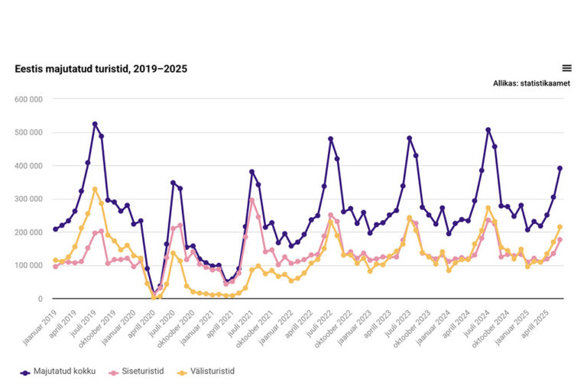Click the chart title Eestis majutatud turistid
point(101,69)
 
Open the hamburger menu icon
point(566,68)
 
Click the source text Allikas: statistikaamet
point(531,84)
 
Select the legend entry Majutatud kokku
point(58,371)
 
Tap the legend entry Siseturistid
point(141,371)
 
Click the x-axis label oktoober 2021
point(255,323)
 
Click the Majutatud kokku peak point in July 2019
point(95,124)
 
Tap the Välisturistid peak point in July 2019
point(95,190)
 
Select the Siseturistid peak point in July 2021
point(251,200)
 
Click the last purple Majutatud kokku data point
point(559,168)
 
